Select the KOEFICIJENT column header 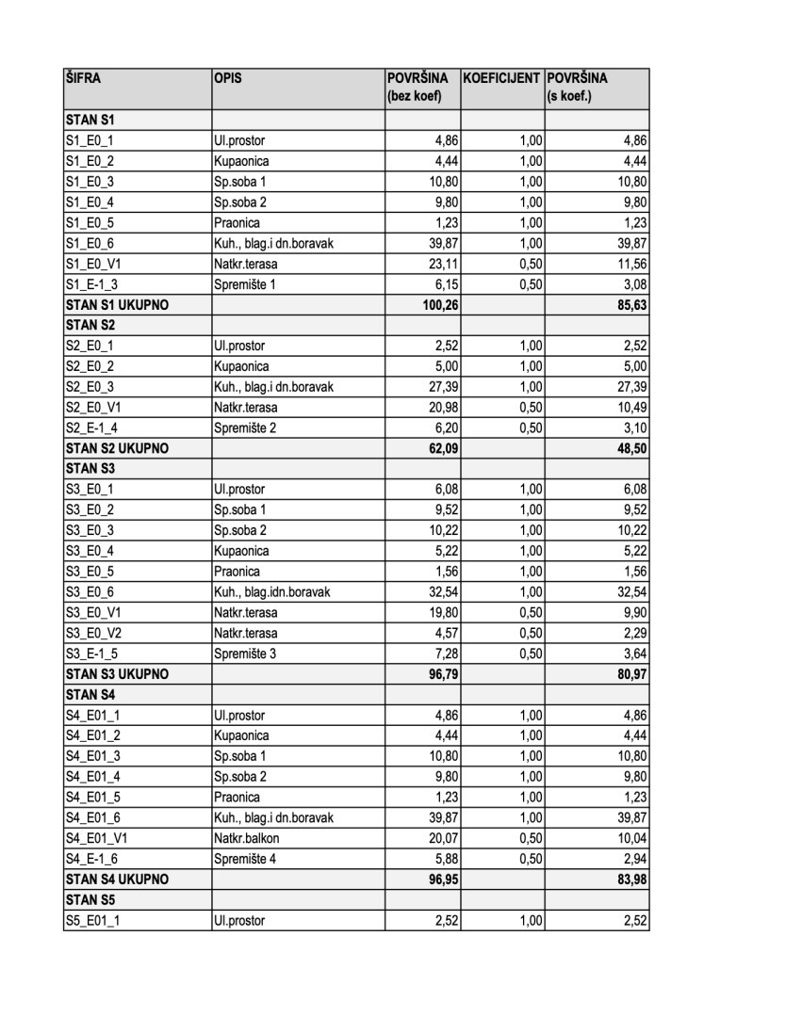pyautogui.click(x=501, y=78)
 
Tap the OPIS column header pyautogui.click(x=227, y=78)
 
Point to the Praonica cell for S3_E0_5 pyautogui.click(x=236, y=572)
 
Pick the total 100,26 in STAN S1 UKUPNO pyautogui.click(x=440, y=304)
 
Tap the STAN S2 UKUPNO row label pyautogui.click(x=116, y=448)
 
